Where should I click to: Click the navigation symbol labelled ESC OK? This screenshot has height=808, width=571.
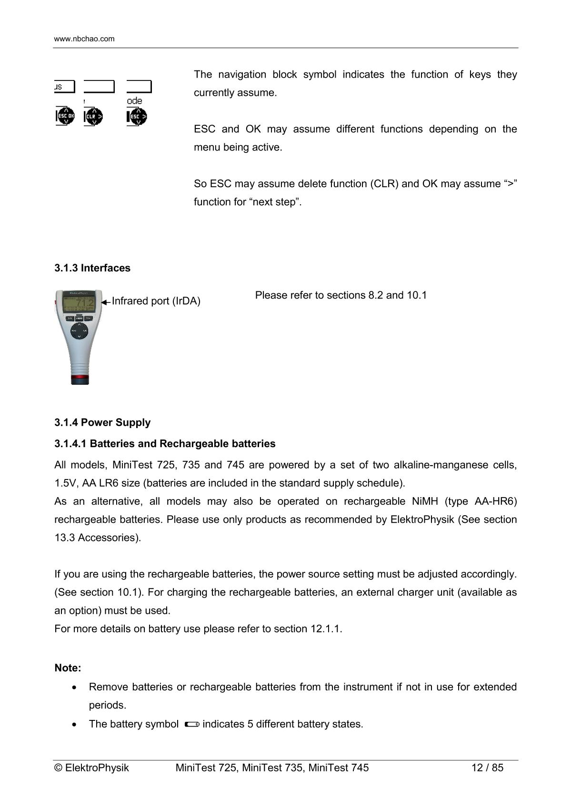click(x=66, y=116)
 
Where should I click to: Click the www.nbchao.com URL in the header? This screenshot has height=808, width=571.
click(x=84, y=39)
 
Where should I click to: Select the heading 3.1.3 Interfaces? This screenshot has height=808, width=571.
click(x=92, y=268)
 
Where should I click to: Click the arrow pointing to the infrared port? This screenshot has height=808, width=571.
click(x=106, y=302)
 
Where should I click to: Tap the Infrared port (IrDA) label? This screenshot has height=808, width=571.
click(x=156, y=301)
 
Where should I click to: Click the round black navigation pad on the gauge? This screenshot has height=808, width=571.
click(x=79, y=330)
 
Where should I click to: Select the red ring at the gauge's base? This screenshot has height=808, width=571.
click(x=80, y=379)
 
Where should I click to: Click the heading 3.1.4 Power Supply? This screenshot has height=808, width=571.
click(x=102, y=423)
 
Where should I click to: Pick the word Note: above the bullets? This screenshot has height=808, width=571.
click(x=68, y=668)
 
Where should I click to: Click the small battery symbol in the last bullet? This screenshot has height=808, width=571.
click(x=191, y=725)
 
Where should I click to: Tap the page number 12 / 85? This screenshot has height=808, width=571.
click(x=487, y=768)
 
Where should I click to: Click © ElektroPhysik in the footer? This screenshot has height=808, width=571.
click(x=92, y=768)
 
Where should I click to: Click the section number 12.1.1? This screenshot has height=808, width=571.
click(x=326, y=629)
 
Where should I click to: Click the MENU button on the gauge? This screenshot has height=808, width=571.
click(x=79, y=318)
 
